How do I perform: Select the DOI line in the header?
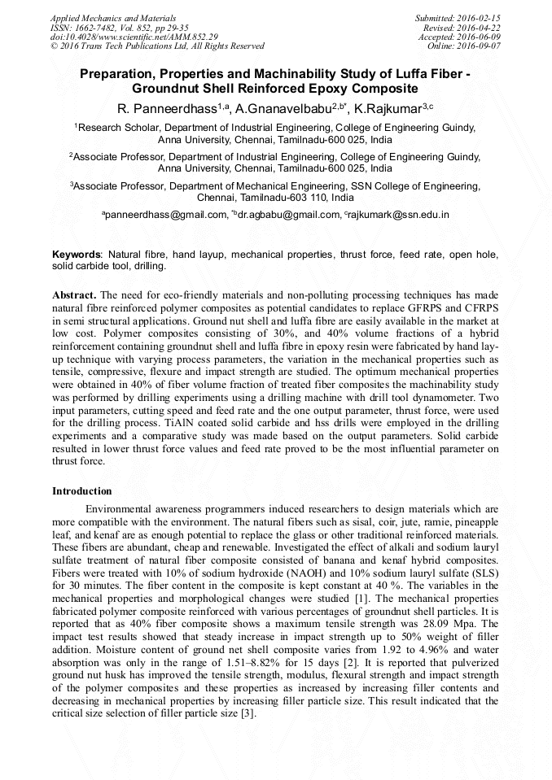(134, 37)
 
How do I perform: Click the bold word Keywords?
(77, 255)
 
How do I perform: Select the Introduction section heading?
(82, 491)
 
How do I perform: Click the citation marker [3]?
(248, 714)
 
